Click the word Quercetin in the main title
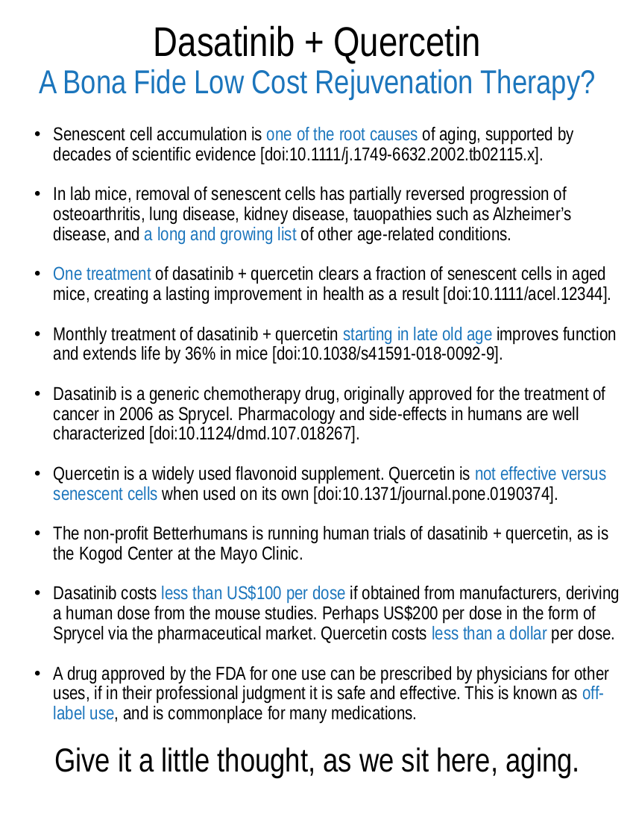[x=406, y=43]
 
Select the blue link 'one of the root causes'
[x=341, y=135]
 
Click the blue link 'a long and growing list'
[x=220, y=234]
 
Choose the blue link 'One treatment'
[x=102, y=274]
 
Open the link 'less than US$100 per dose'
[x=253, y=594]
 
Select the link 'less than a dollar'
[x=489, y=634]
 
